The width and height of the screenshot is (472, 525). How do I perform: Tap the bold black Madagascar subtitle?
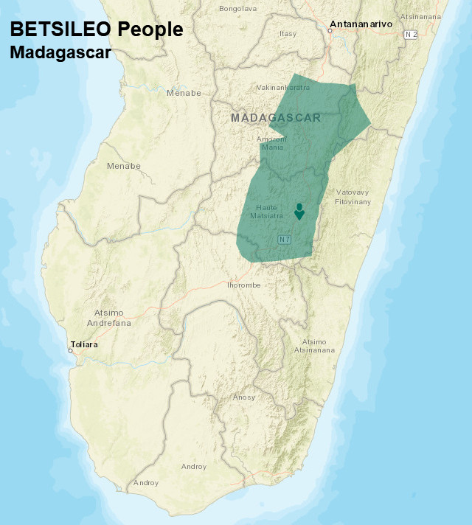pos(60,54)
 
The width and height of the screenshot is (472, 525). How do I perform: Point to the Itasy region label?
pos(288,34)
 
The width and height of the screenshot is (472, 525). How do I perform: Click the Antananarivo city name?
pos(361,24)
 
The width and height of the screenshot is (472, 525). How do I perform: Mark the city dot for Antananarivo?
pos(330,30)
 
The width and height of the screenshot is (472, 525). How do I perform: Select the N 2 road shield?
pos(411,34)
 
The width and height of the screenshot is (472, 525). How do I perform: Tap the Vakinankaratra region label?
pos(282,88)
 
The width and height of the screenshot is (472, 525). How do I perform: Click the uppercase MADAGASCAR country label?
pos(275,118)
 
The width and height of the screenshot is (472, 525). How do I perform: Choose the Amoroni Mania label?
pos(271,143)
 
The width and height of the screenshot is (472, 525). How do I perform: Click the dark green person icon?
pos(299,212)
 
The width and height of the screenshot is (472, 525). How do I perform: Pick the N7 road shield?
pos(284,240)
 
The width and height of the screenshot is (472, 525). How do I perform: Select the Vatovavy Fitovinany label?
pos(352,196)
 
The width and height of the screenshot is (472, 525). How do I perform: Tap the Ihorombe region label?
pos(243,285)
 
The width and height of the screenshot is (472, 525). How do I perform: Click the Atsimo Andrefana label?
pos(108,318)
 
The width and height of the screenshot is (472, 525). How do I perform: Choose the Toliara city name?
pos(83,344)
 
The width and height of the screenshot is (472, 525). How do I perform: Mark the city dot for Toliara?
pos(70,350)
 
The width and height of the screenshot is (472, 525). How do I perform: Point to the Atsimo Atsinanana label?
pos(313,346)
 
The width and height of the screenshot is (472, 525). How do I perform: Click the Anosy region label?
pos(243,397)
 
